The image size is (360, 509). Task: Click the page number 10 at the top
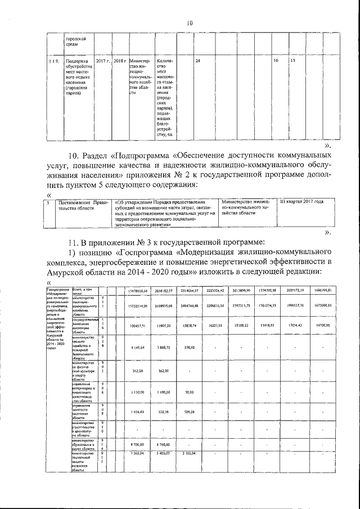(190, 23)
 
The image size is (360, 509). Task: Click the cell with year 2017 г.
(103, 60)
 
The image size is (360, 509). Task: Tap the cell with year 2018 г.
(120, 60)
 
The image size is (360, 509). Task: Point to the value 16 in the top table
(276, 60)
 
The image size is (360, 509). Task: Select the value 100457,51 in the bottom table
(138, 326)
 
